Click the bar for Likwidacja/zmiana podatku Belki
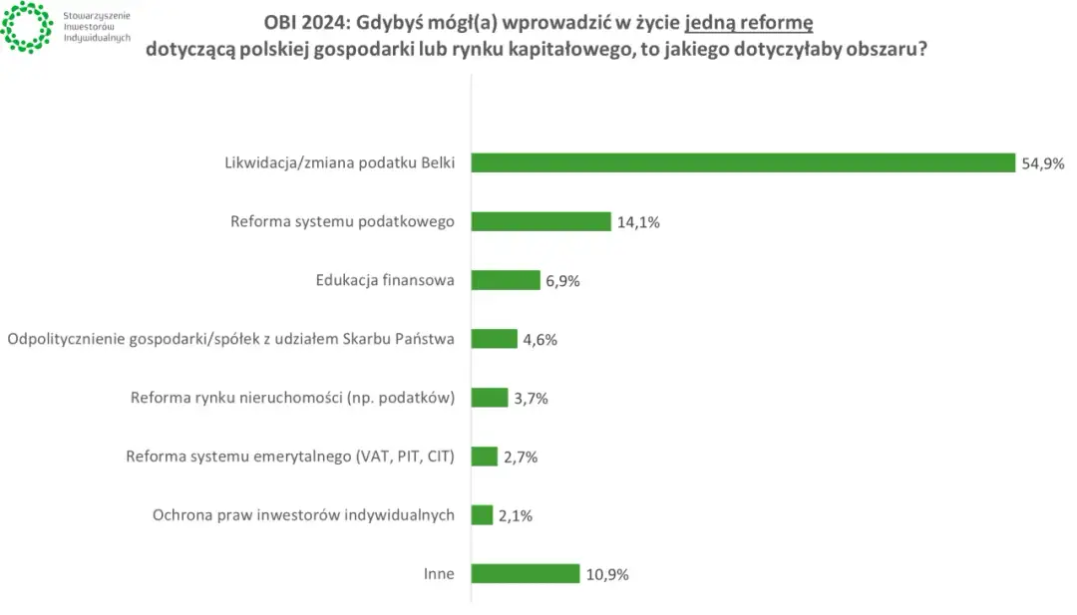tap(743, 162)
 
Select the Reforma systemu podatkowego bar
tap(540, 221)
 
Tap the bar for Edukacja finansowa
tap(506, 280)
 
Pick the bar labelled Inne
tap(526, 573)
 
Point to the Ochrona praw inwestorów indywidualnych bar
tap(483, 514)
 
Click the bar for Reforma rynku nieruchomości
tap(490, 398)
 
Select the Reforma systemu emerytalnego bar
tap(485, 457)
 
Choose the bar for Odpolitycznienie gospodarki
tap(495, 339)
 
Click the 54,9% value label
tap(1041, 163)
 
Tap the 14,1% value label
tap(638, 222)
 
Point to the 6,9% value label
tap(562, 281)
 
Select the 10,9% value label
tap(607, 574)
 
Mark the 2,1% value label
tap(516, 515)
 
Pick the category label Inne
tap(439, 573)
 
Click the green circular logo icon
tap(27, 27)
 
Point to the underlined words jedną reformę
tap(749, 23)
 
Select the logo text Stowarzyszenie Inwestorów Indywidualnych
tap(96, 28)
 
